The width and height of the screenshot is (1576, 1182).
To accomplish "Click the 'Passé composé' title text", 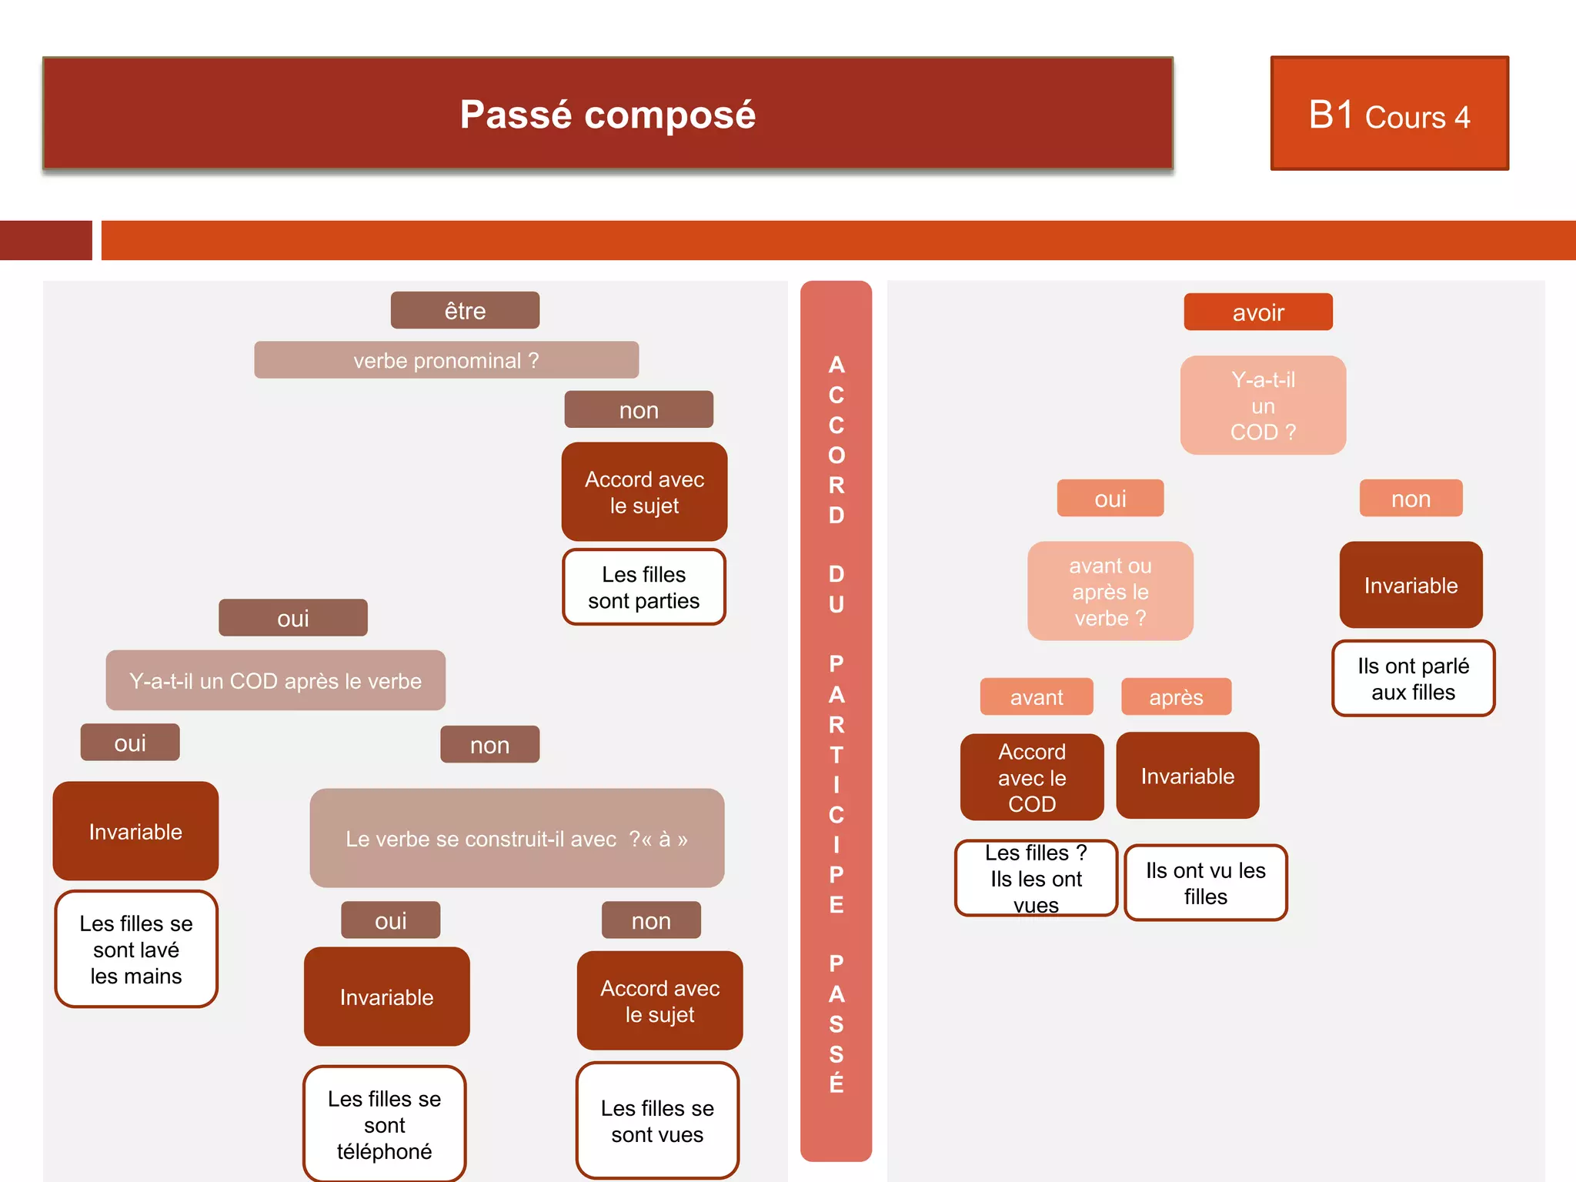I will [607, 115].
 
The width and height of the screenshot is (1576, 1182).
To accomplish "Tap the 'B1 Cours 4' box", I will [1389, 114].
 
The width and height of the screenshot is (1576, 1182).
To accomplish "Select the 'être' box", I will [465, 311].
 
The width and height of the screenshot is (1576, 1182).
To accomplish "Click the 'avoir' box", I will [1257, 312].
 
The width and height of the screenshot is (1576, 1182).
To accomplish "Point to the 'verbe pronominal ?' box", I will [446, 360].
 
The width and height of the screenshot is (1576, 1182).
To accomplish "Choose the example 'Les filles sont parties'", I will [644, 587].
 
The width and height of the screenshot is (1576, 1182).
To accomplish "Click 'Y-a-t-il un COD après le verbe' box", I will [275, 680].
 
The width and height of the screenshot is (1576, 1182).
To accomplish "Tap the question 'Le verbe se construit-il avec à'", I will [516, 838].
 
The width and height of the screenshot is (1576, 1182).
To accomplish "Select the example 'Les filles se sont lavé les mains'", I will [136, 949].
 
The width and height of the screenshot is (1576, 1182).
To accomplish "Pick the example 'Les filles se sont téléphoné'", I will [385, 1124].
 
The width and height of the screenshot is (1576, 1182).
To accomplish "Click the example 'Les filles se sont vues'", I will [657, 1120].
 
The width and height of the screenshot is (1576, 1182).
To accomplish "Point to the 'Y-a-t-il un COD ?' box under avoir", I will [1263, 406].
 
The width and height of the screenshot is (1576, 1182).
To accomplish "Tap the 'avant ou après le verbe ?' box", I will [1110, 591].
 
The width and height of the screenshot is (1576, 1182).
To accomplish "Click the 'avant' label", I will [1036, 697].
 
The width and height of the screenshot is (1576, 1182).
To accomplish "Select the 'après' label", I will [1176, 697].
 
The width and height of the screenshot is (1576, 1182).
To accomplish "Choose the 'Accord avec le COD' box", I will [1032, 777].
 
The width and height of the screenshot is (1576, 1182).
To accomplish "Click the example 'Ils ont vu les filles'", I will [1205, 883].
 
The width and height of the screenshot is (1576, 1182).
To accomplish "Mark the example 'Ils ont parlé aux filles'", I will [1413, 679].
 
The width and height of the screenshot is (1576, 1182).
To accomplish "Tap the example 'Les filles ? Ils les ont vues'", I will [1036, 878].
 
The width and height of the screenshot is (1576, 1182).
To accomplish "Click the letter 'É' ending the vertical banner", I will [836, 1083].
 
